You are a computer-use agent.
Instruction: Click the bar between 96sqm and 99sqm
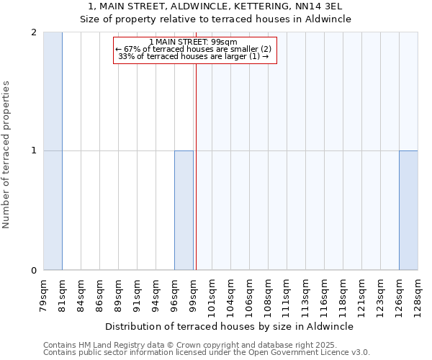coord(184,210)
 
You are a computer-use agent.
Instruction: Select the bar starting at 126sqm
coord(408,210)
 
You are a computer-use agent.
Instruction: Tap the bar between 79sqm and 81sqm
coord(53,151)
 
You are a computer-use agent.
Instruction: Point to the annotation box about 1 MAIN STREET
coord(194,50)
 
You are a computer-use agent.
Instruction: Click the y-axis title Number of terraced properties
coord(7,155)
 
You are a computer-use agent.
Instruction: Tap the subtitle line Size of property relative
coord(215,19)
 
